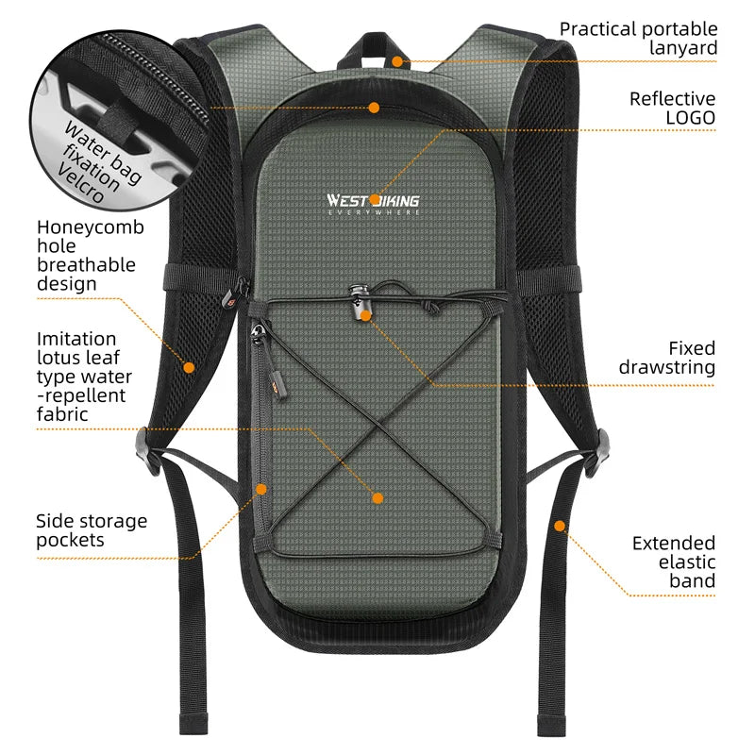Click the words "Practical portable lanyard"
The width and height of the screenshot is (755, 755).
tap(638, 39)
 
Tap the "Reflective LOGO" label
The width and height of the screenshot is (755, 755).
tap(672, 108)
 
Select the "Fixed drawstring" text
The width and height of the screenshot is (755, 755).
tap(666, 358)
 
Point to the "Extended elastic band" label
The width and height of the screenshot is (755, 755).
tap(673, 562)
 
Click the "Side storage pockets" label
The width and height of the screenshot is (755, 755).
tap(92, 530)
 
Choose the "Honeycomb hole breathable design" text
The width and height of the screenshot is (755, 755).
tap(91, 255)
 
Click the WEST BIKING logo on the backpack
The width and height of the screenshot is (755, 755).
tap(373, 200)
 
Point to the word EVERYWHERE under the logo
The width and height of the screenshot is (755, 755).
tap(373, 212)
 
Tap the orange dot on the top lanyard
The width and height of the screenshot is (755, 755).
tap(398, 61)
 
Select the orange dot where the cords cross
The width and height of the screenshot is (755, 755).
tap(377, 497)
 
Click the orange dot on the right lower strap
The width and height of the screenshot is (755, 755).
tap(560, 525)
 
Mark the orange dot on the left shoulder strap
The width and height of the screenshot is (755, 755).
tap(189, 366)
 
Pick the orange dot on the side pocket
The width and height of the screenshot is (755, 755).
tap(262, 488)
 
